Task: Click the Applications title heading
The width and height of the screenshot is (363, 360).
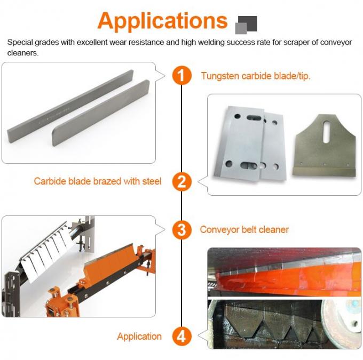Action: [x=163, y=20]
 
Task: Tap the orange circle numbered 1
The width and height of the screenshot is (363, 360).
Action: [x=181, y=75]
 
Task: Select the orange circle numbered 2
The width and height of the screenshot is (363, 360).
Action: [x=181, y=181]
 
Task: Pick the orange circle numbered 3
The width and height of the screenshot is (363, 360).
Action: [x=181, y=230]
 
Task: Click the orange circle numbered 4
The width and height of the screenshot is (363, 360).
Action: [x=181, y=337]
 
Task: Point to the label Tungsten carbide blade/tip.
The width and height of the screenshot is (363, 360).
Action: [x=256, y=76]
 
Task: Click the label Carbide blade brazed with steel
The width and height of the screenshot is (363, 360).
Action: [x=98, y=181]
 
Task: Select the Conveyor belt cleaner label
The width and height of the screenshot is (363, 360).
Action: [x=244, y=230]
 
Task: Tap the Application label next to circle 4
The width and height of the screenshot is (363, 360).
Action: [x=139, y=337]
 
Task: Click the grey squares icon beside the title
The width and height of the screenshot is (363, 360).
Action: [x=246, y=24]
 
